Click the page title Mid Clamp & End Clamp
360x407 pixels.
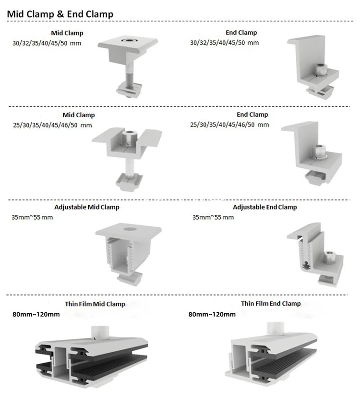60,14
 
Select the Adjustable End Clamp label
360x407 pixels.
264,207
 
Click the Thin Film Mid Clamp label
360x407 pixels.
95,304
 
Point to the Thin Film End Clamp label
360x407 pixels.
271,304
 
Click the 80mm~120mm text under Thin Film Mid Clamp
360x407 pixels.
36,315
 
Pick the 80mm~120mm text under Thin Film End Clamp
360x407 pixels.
212,315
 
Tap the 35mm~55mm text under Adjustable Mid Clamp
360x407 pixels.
32,217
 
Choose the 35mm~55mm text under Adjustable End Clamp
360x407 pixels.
213,217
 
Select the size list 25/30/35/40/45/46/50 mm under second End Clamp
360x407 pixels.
229,125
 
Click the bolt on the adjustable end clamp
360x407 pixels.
330,256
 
